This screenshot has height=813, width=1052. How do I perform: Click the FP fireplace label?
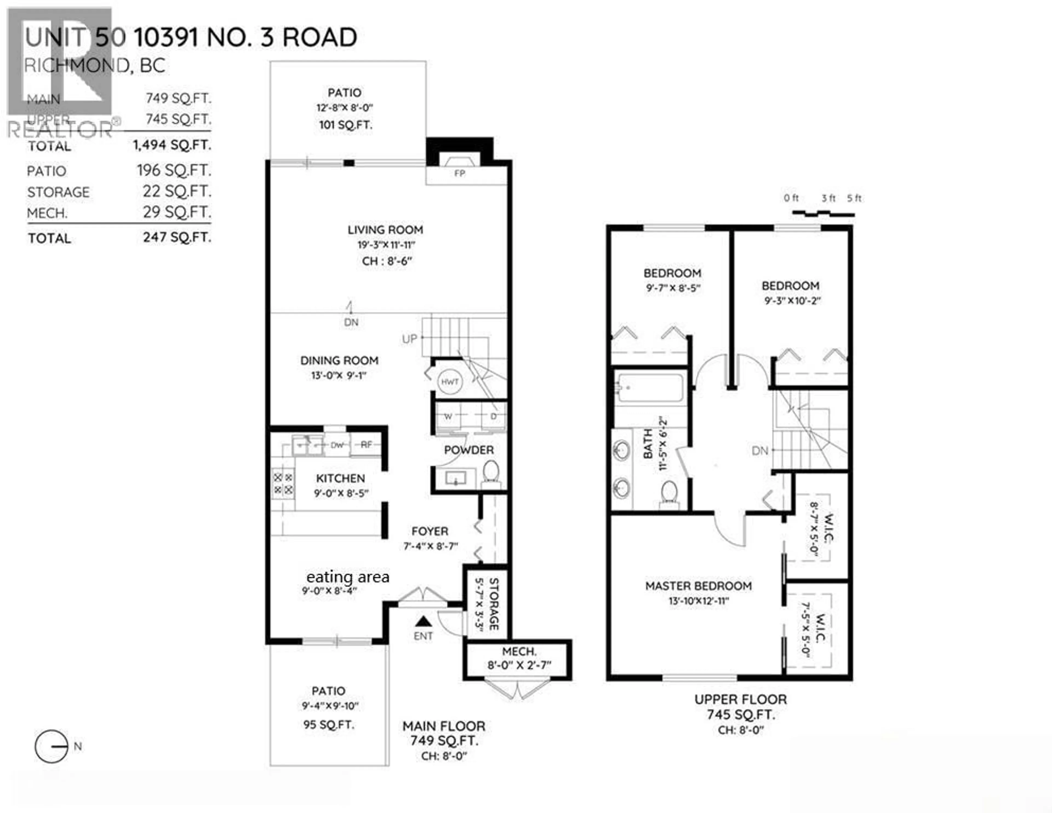point(459,173)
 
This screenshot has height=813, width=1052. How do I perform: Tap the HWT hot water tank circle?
point(449,382)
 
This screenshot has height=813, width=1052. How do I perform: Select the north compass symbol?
point(52,746)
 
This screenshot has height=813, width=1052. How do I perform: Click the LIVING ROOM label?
point(385,230)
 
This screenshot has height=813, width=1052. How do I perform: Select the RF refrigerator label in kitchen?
point(367,445)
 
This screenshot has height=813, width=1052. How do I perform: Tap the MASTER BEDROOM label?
point(698,586)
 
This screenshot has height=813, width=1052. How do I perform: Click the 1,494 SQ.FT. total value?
point(172,145)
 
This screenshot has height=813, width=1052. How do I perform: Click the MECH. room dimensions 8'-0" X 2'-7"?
point(519,665)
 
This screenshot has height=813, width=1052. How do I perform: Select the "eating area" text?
point(348,577)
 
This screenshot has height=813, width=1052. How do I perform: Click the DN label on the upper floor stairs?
point(760,451)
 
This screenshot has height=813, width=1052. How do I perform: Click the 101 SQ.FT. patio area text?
point(345,125)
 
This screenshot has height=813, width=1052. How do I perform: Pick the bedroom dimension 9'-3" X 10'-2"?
point(792,301)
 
